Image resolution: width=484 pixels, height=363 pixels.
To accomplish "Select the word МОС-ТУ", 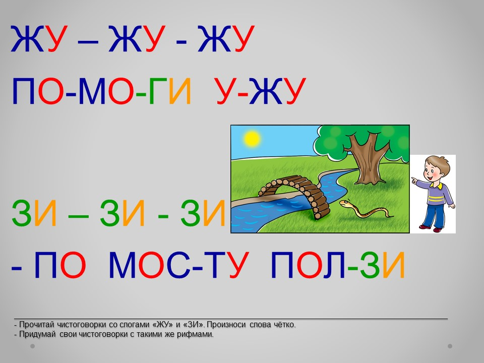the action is (x=178, y=265).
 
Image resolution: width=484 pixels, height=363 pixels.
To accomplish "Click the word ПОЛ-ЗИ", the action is (x=338, y=265).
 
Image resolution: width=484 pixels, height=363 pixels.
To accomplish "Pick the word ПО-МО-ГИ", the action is (x=102, y=91).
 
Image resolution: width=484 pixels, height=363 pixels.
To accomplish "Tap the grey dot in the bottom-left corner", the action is (x=32, y=346).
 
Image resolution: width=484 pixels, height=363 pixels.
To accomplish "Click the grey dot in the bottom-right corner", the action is (x=450, y=346).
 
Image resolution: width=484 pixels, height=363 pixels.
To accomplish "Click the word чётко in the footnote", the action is (x=284, y=325).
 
